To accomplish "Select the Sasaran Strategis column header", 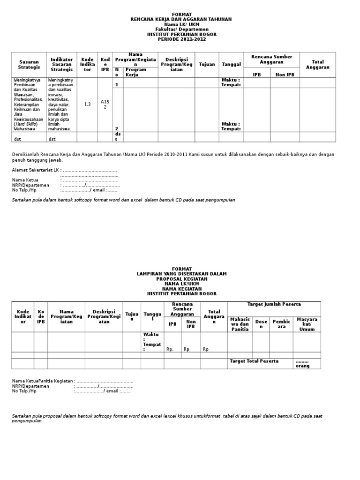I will [29, 65].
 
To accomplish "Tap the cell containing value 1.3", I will [87, 104].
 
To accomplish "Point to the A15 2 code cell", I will [105, 104].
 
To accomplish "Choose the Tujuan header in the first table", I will [207, 64].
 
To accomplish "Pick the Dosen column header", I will [261, 324].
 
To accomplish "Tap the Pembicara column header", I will [281, 324].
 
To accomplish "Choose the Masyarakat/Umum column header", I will [307, 324].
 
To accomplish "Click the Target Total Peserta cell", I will [254, 361].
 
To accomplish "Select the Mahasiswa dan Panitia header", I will [240, 324].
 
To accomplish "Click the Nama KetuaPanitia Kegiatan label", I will [42, 381].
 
